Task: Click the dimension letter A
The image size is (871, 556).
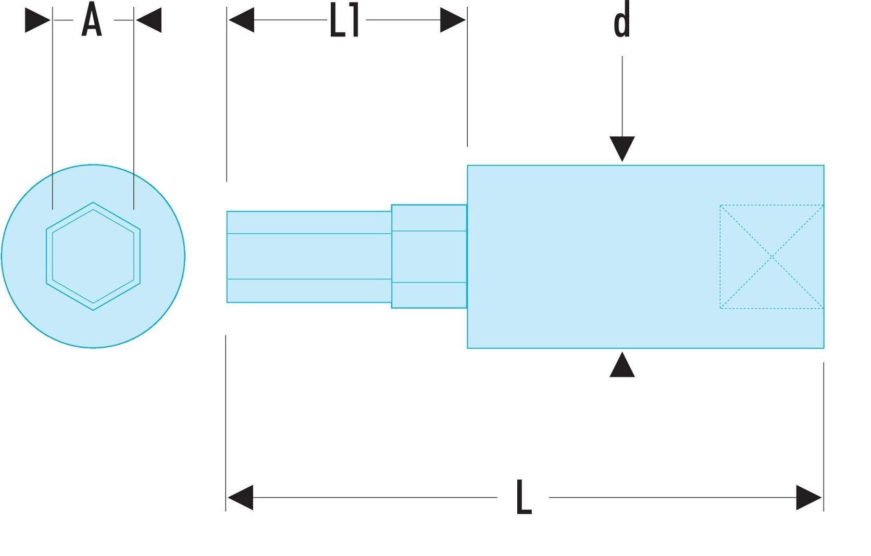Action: [92, 19]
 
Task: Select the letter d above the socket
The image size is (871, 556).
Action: [622, 22]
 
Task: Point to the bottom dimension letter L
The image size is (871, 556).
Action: [524, 497]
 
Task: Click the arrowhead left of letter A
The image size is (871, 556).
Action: [38, 20]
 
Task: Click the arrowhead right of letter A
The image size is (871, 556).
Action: [148, 20]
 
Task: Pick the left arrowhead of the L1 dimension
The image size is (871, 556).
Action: [242, 20]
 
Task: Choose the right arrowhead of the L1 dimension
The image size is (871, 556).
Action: [453, 20]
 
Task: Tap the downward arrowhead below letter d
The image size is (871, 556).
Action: [622, 149]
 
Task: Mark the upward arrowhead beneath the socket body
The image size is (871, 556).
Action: [622, 364]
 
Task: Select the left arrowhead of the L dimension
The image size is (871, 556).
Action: [240, 497]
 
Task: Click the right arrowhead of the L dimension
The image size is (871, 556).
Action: [809, 497]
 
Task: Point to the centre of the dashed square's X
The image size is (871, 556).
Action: [772, 257]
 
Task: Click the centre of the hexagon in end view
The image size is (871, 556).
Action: [93, 256]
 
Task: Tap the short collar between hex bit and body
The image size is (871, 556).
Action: [429, 257]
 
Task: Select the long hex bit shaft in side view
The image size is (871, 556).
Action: [309, 257]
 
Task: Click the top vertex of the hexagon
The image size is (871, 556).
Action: [93, 203]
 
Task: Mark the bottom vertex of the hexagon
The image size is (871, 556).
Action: [93, 310]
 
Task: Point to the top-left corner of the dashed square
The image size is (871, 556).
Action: [720, 205]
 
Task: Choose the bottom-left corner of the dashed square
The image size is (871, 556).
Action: [720, 309]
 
